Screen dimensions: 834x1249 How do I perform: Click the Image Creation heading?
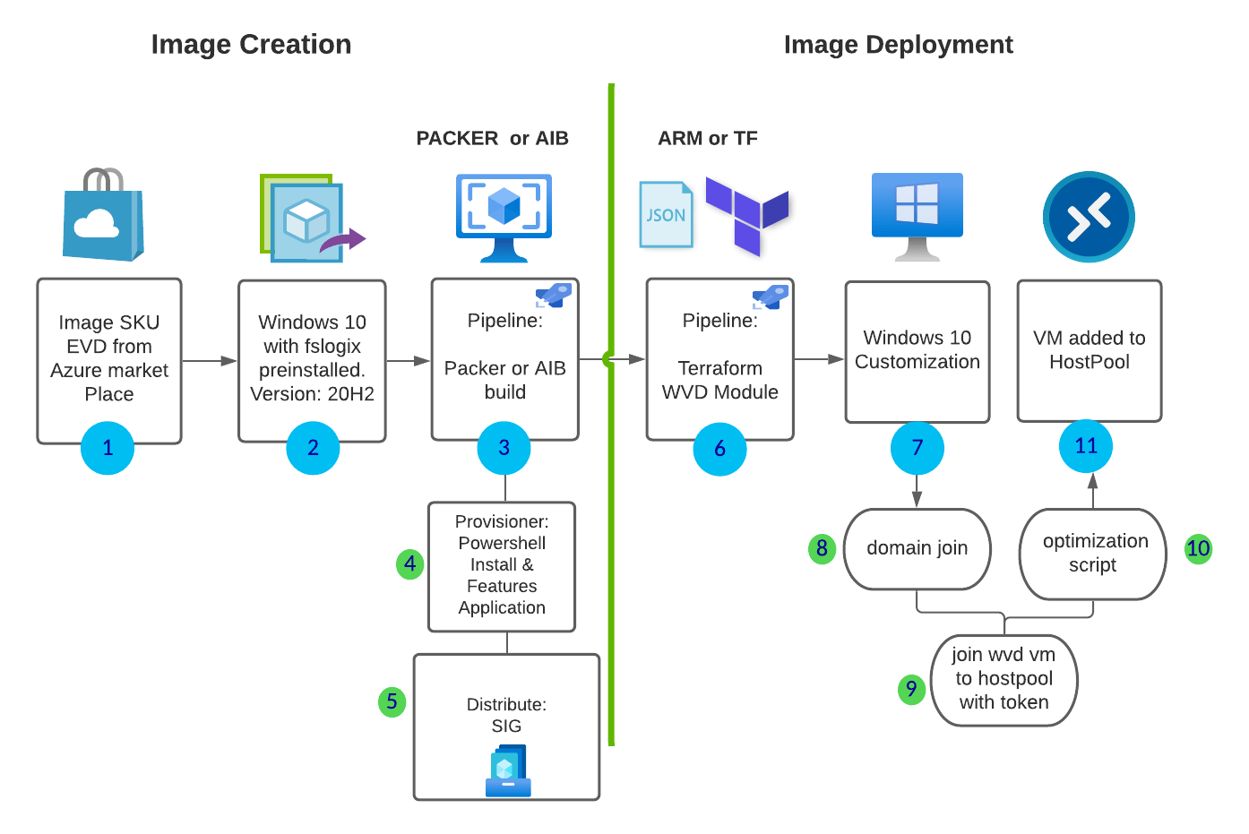[x=251, y=45]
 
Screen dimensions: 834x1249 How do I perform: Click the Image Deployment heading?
[x=898, y=45]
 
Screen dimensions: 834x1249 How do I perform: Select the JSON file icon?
[x=666, y=215]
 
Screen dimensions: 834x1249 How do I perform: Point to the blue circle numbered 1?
[x=108, y=448]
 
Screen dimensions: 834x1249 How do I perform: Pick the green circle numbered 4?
[x=409, y=563]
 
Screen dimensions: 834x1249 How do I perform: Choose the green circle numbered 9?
[x=911, y=689]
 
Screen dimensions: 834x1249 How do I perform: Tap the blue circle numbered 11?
[x=1086, y=446]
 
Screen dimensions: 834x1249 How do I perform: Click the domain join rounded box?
[x=917, y=549]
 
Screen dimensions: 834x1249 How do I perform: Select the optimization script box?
[x=1093, y=554]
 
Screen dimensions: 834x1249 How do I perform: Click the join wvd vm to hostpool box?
[x=1004, y=679]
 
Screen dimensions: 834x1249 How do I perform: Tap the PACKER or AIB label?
[x=492, y=139]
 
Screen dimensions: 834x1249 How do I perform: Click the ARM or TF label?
[x=707, y=139]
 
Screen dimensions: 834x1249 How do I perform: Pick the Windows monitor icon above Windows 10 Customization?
[x=917, y=216]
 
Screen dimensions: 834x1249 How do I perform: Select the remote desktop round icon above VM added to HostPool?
[x=1089, y=217]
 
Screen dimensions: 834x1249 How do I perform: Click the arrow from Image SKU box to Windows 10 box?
[x=210, y=361]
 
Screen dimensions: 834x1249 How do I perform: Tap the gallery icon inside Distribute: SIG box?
[x=508, y=771]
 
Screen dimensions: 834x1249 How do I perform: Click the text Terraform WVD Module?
[x=719, y=380]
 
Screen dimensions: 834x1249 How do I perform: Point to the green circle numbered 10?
[x=1198, y=548]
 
